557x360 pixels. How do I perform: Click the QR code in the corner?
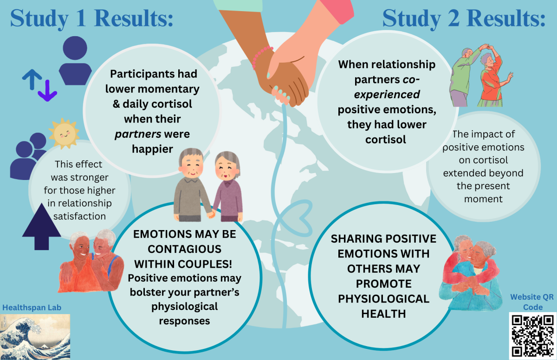(x=533, y=336)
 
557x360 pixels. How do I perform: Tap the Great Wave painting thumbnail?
(x=35, y=337)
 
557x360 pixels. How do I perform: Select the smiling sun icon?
(x=64, y=134)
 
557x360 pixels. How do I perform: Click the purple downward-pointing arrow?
(x=47, y=90)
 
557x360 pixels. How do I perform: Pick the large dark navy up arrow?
(x=41, y=226)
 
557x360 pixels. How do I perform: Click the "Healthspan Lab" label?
(x=32, y=308)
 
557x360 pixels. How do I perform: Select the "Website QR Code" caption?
(x=532, y=302)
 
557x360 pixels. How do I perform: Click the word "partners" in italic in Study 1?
(x=138, y=135)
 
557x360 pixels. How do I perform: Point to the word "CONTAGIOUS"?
(x=185, y=249)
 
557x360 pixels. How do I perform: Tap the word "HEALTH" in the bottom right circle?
(x=383, y=314)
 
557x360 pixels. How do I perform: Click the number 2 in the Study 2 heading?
(x=454, y=18)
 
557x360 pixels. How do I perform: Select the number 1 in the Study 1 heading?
(x=81, y=18)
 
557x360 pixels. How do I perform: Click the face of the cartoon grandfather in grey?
(x=191, y=166)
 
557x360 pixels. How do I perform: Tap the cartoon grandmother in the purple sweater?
(x=227, y=186)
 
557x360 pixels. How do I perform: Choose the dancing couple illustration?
(x=481, y=75)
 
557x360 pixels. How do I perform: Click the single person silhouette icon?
(x=75, y=61)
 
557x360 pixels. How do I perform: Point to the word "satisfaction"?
(x=79, y=216)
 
